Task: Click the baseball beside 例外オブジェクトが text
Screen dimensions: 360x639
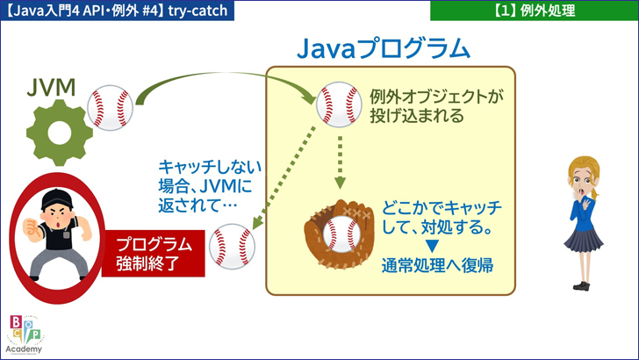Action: pos(337,103)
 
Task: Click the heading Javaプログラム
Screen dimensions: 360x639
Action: pos(384,47)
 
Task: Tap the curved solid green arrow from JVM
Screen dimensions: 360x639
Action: pos(219,78)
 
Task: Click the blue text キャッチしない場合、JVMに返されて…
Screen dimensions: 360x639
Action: pos(201,187)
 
